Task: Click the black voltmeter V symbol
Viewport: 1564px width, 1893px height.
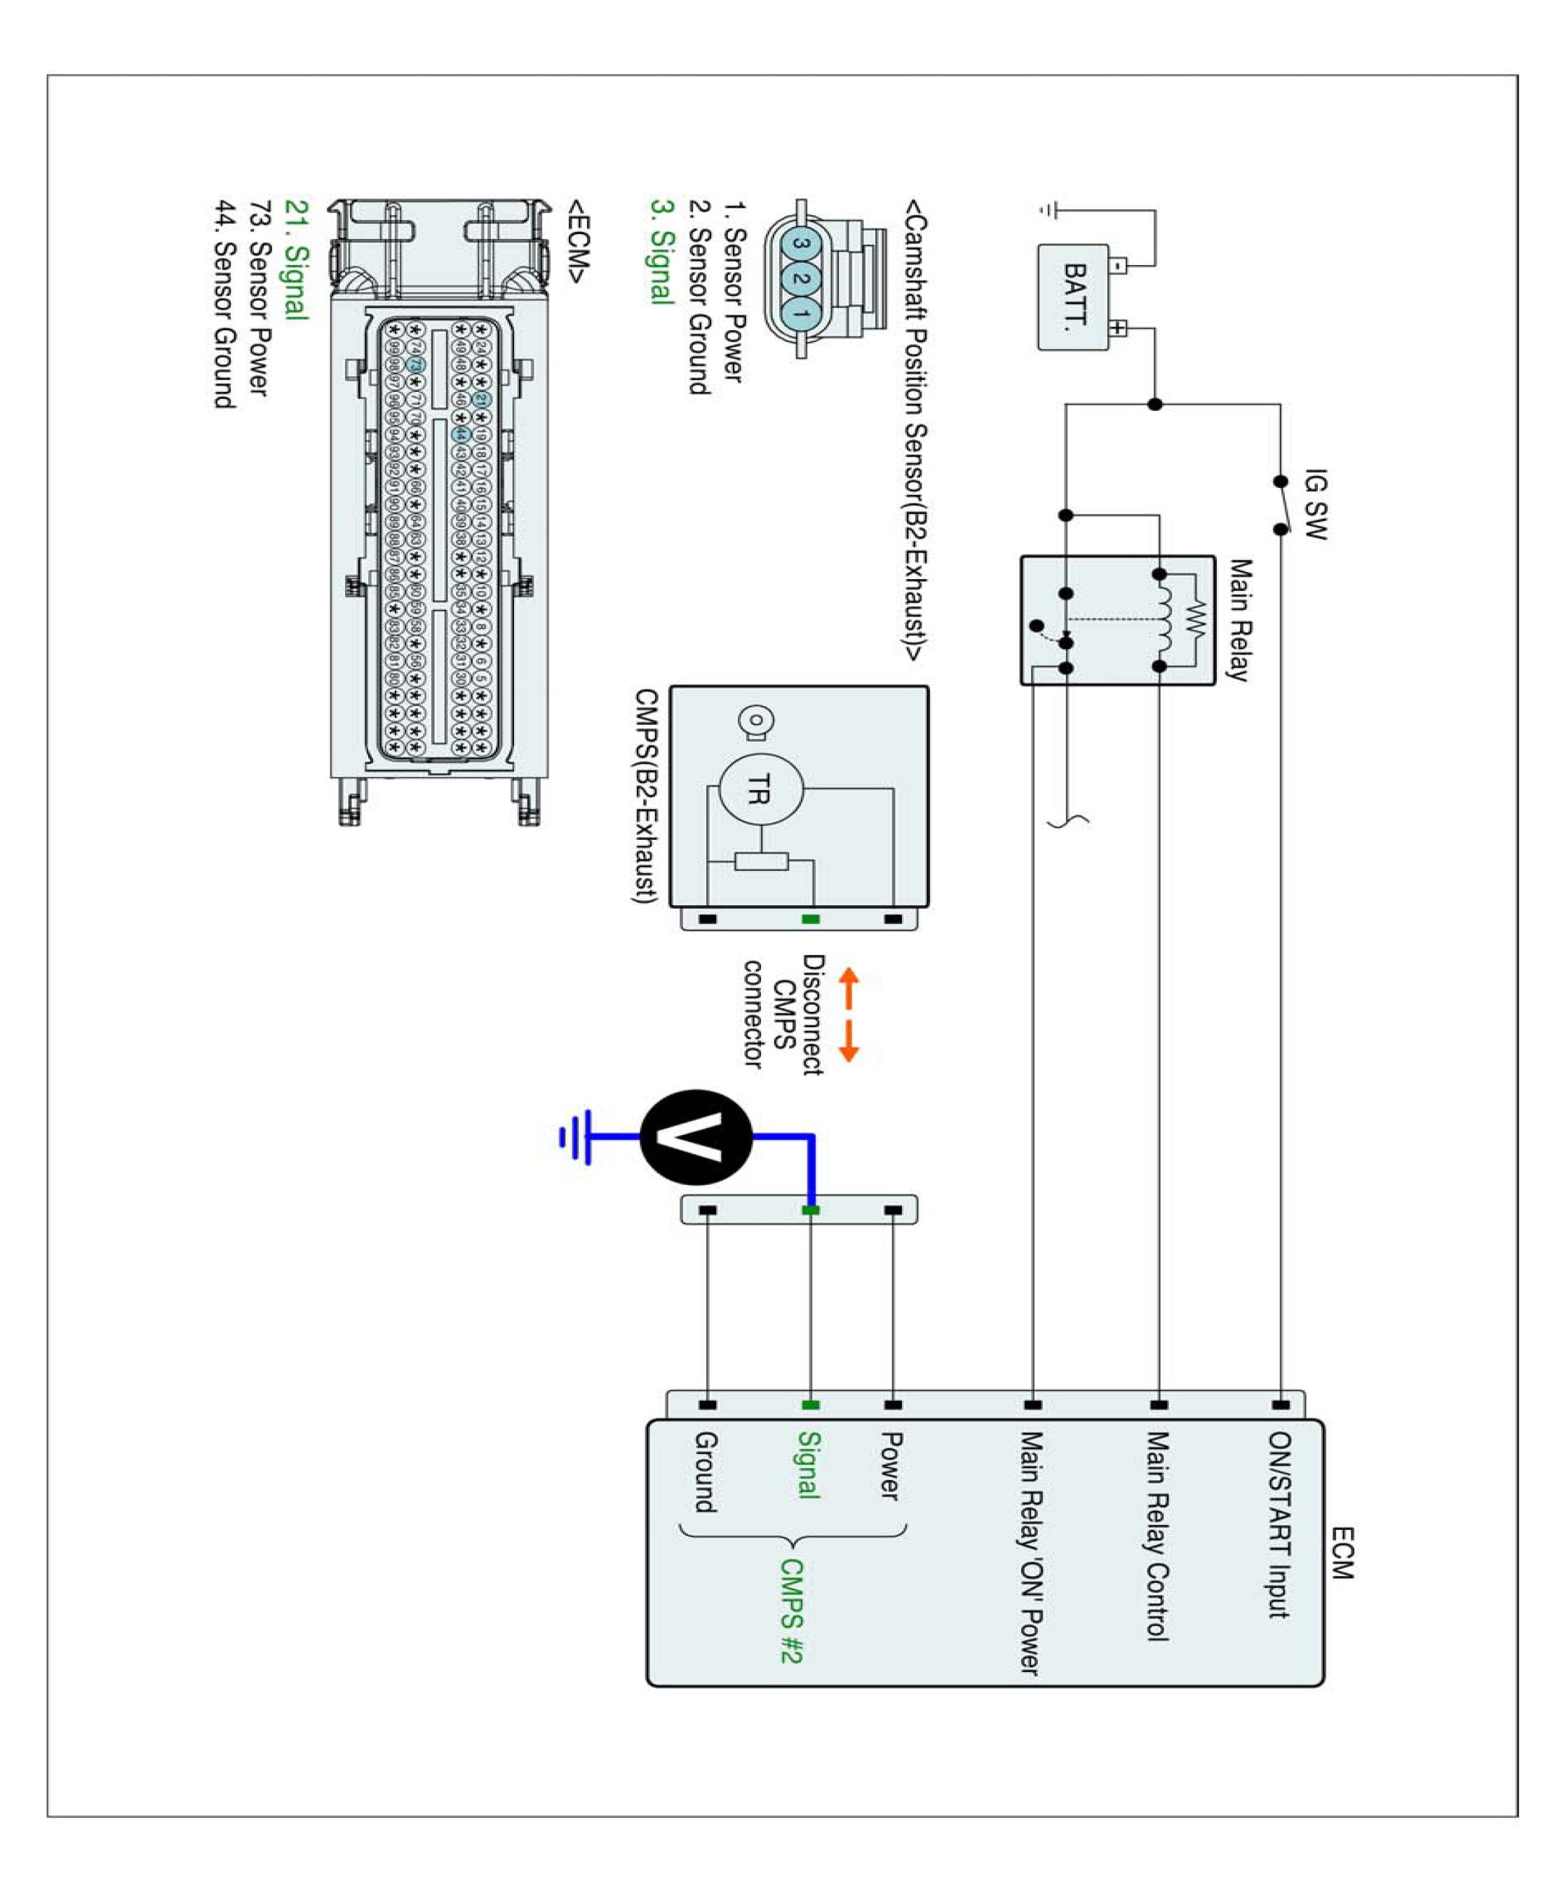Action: (x=696, y=1137)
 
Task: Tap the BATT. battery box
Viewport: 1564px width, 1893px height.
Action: (x=1073, y=297)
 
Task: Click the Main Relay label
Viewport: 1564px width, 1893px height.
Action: (x=1240, y=620)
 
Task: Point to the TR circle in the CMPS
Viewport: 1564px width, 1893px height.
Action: (x=760, y=789)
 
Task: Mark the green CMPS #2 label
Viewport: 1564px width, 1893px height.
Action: (x=790, y=1611)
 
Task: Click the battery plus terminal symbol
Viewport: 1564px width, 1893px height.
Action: (x=1117, y=328)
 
